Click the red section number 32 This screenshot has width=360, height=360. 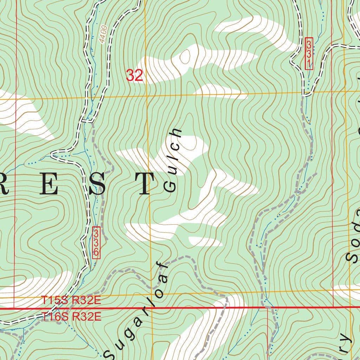coord(134,76)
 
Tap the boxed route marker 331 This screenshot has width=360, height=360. coord(309,54)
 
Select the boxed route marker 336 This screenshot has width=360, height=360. coord(96,243)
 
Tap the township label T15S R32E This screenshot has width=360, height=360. coord(71,301)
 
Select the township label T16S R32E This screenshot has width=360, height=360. coord(71,317)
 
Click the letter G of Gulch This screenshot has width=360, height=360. coord(170,186)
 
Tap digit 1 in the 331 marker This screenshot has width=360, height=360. coord(309,64)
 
